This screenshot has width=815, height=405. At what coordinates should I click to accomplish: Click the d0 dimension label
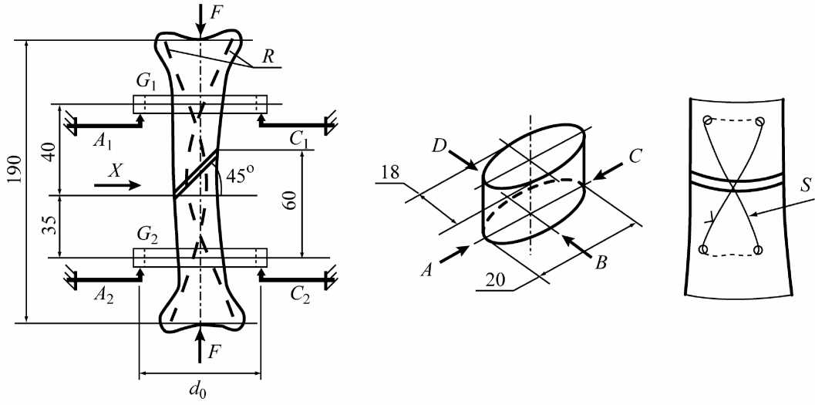200,390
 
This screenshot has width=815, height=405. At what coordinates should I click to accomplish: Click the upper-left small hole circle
706,121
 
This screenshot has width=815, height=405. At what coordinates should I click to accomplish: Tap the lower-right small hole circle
758,250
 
